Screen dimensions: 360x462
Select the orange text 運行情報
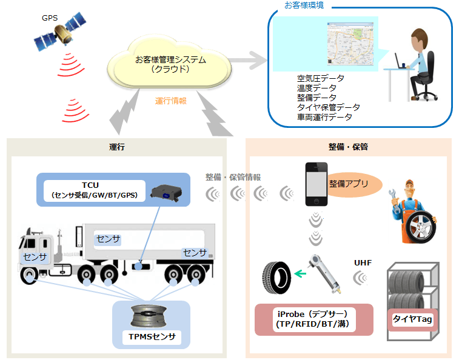(170, 101)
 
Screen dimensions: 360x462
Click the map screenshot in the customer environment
(349, 44)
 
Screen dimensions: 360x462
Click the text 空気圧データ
(320, 79)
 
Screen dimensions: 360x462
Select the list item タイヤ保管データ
(324, 107)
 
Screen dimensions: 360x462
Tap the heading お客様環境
(304, 5)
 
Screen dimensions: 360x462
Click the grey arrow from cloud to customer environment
(246, 60)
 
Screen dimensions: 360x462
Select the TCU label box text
(93, 190)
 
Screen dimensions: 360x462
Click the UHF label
(363, 263)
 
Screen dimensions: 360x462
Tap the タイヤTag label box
(412, 319)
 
